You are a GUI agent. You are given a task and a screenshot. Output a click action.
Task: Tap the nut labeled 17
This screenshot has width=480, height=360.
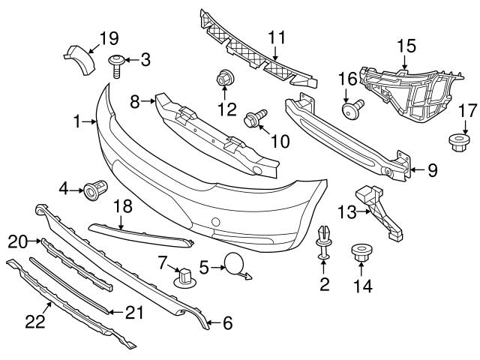[x=458, y=140]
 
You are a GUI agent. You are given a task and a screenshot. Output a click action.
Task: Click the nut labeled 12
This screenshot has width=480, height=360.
[x=223, y=78]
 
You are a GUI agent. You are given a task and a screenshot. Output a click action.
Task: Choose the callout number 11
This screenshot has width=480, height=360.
[x=277, y=35]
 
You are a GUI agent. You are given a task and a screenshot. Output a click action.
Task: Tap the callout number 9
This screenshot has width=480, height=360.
[x=433, y=170]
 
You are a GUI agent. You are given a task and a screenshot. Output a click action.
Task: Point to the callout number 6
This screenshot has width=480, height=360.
[x=227, y=323]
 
